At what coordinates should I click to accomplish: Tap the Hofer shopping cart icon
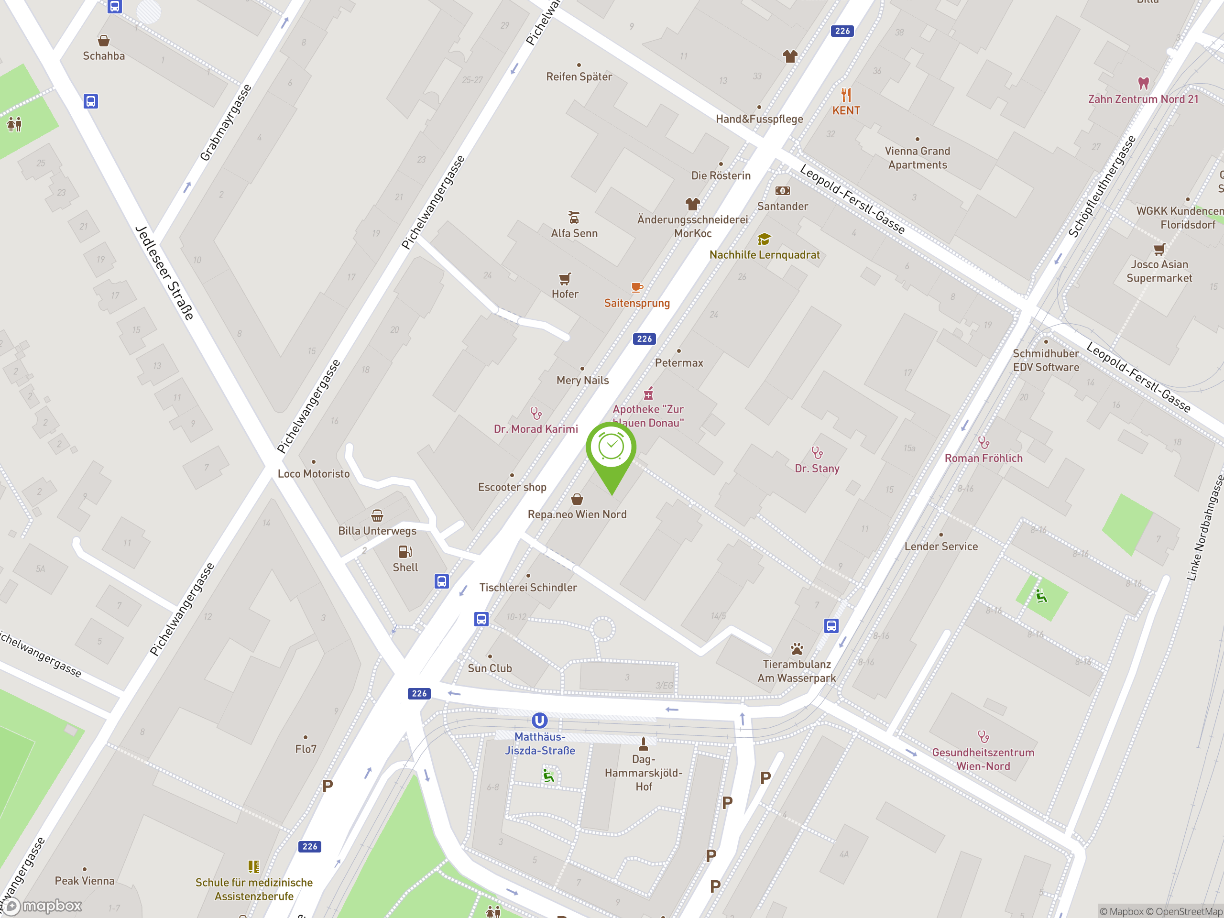[x=564, y=278]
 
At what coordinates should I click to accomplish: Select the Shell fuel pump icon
[x=405, y=552]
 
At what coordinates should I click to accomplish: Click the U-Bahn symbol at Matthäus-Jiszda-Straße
[x=539, y=721]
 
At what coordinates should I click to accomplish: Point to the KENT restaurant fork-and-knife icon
[x=846, y=95]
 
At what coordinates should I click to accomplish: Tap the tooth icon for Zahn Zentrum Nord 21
[x=1143, y=84]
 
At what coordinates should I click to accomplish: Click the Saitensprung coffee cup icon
[x=637, y=287]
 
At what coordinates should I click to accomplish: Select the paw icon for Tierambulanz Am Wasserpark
[x=797, y=648]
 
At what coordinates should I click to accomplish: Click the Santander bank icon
[x=782, y=191]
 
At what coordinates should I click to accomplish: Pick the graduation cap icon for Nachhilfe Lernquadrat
[x=764, y=239]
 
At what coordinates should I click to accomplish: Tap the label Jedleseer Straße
[x=165, y=273]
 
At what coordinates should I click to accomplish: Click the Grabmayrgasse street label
[x=225, y=123]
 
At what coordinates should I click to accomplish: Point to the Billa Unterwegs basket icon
[x=377, y=516]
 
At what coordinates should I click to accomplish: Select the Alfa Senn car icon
[x=574, y=218]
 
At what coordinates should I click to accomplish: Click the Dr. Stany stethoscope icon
[x=817, y=453]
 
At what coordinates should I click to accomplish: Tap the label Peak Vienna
[x=85, y=880]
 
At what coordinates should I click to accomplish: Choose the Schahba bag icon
[x=103, y=41]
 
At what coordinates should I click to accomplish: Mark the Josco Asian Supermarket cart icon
[x=1159, y=249]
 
